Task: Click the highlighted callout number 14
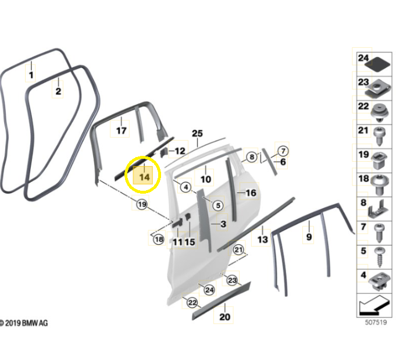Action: click(144, 177)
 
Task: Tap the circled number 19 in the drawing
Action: click(142, 204)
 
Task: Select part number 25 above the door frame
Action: click(197, 133)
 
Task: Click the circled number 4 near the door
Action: click(186, 187)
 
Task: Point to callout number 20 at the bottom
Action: click(225, 317)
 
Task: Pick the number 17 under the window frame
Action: click(121, 131)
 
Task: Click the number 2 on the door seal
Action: click(58, 91)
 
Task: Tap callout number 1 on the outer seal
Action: click(31, 75)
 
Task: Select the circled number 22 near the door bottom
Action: click(192, 302)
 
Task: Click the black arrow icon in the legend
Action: click(374, 305)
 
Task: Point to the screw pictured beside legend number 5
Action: click(379, 257)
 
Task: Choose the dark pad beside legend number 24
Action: click(378, 65)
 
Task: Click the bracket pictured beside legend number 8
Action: click(377, 209)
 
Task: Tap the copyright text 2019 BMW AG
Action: click(24, 323)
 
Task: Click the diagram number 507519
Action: click(376, 322)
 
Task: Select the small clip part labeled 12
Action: click(164, 152)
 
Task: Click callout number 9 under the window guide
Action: click(309, 237)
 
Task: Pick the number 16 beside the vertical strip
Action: click(251, 193)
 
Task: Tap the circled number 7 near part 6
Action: click(283, 151)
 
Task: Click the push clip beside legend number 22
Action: click(380, 113)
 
